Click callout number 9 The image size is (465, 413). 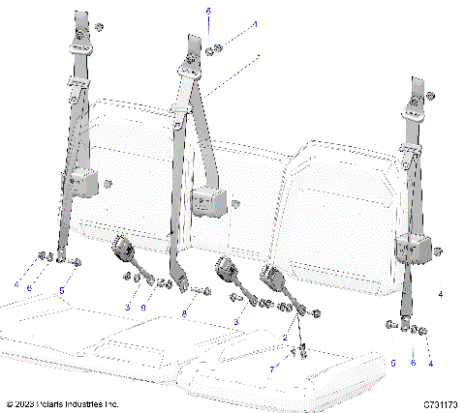tap(144, 307)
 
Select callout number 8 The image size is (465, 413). tap(185, 314)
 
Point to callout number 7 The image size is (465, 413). tap(273, 369)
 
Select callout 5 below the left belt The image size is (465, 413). tap(63, 289)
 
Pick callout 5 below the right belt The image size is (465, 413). tap(393, 363)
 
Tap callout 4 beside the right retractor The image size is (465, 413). tap(441, 293)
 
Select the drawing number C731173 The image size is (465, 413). tap(440, 402)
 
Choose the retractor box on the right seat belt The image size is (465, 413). tap(412, 248)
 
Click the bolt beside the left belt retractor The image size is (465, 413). tap(108, 183)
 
